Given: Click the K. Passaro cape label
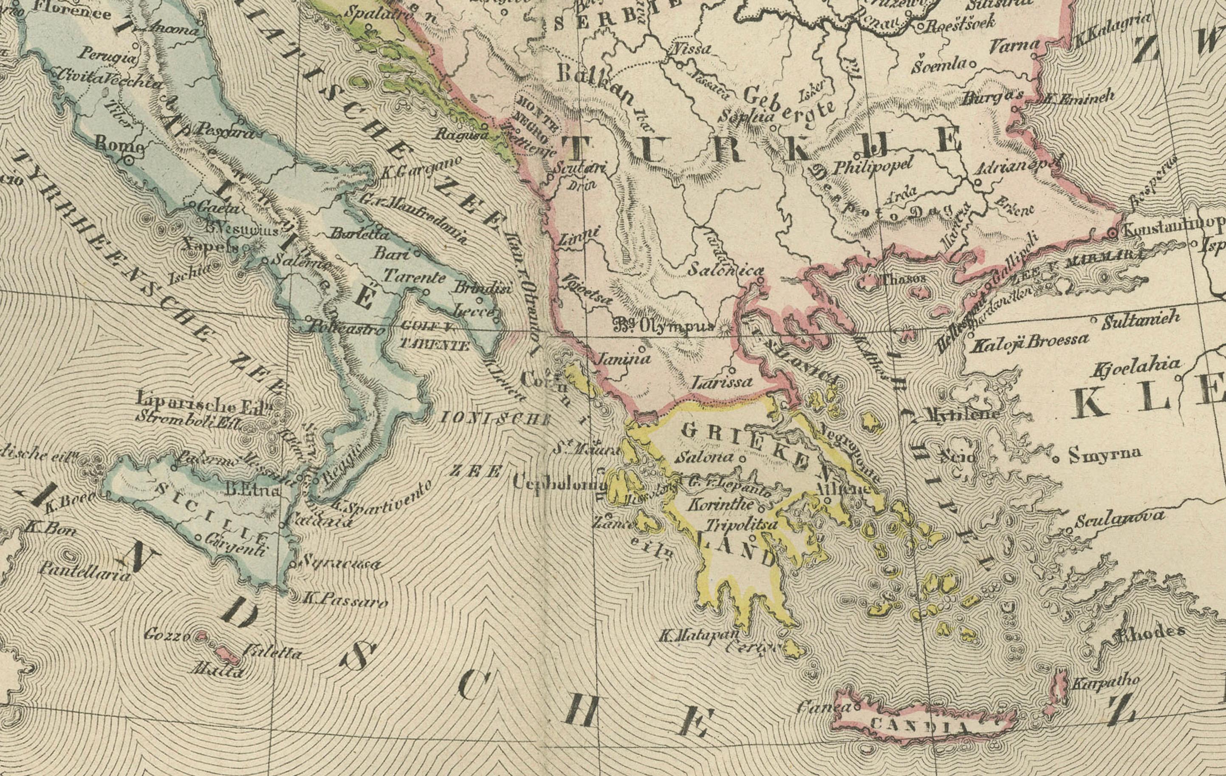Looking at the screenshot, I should tap(345, 600).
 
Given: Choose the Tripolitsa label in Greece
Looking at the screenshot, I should tap(741, 524).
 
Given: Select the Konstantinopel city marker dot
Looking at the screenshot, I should tap(1113, 233).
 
